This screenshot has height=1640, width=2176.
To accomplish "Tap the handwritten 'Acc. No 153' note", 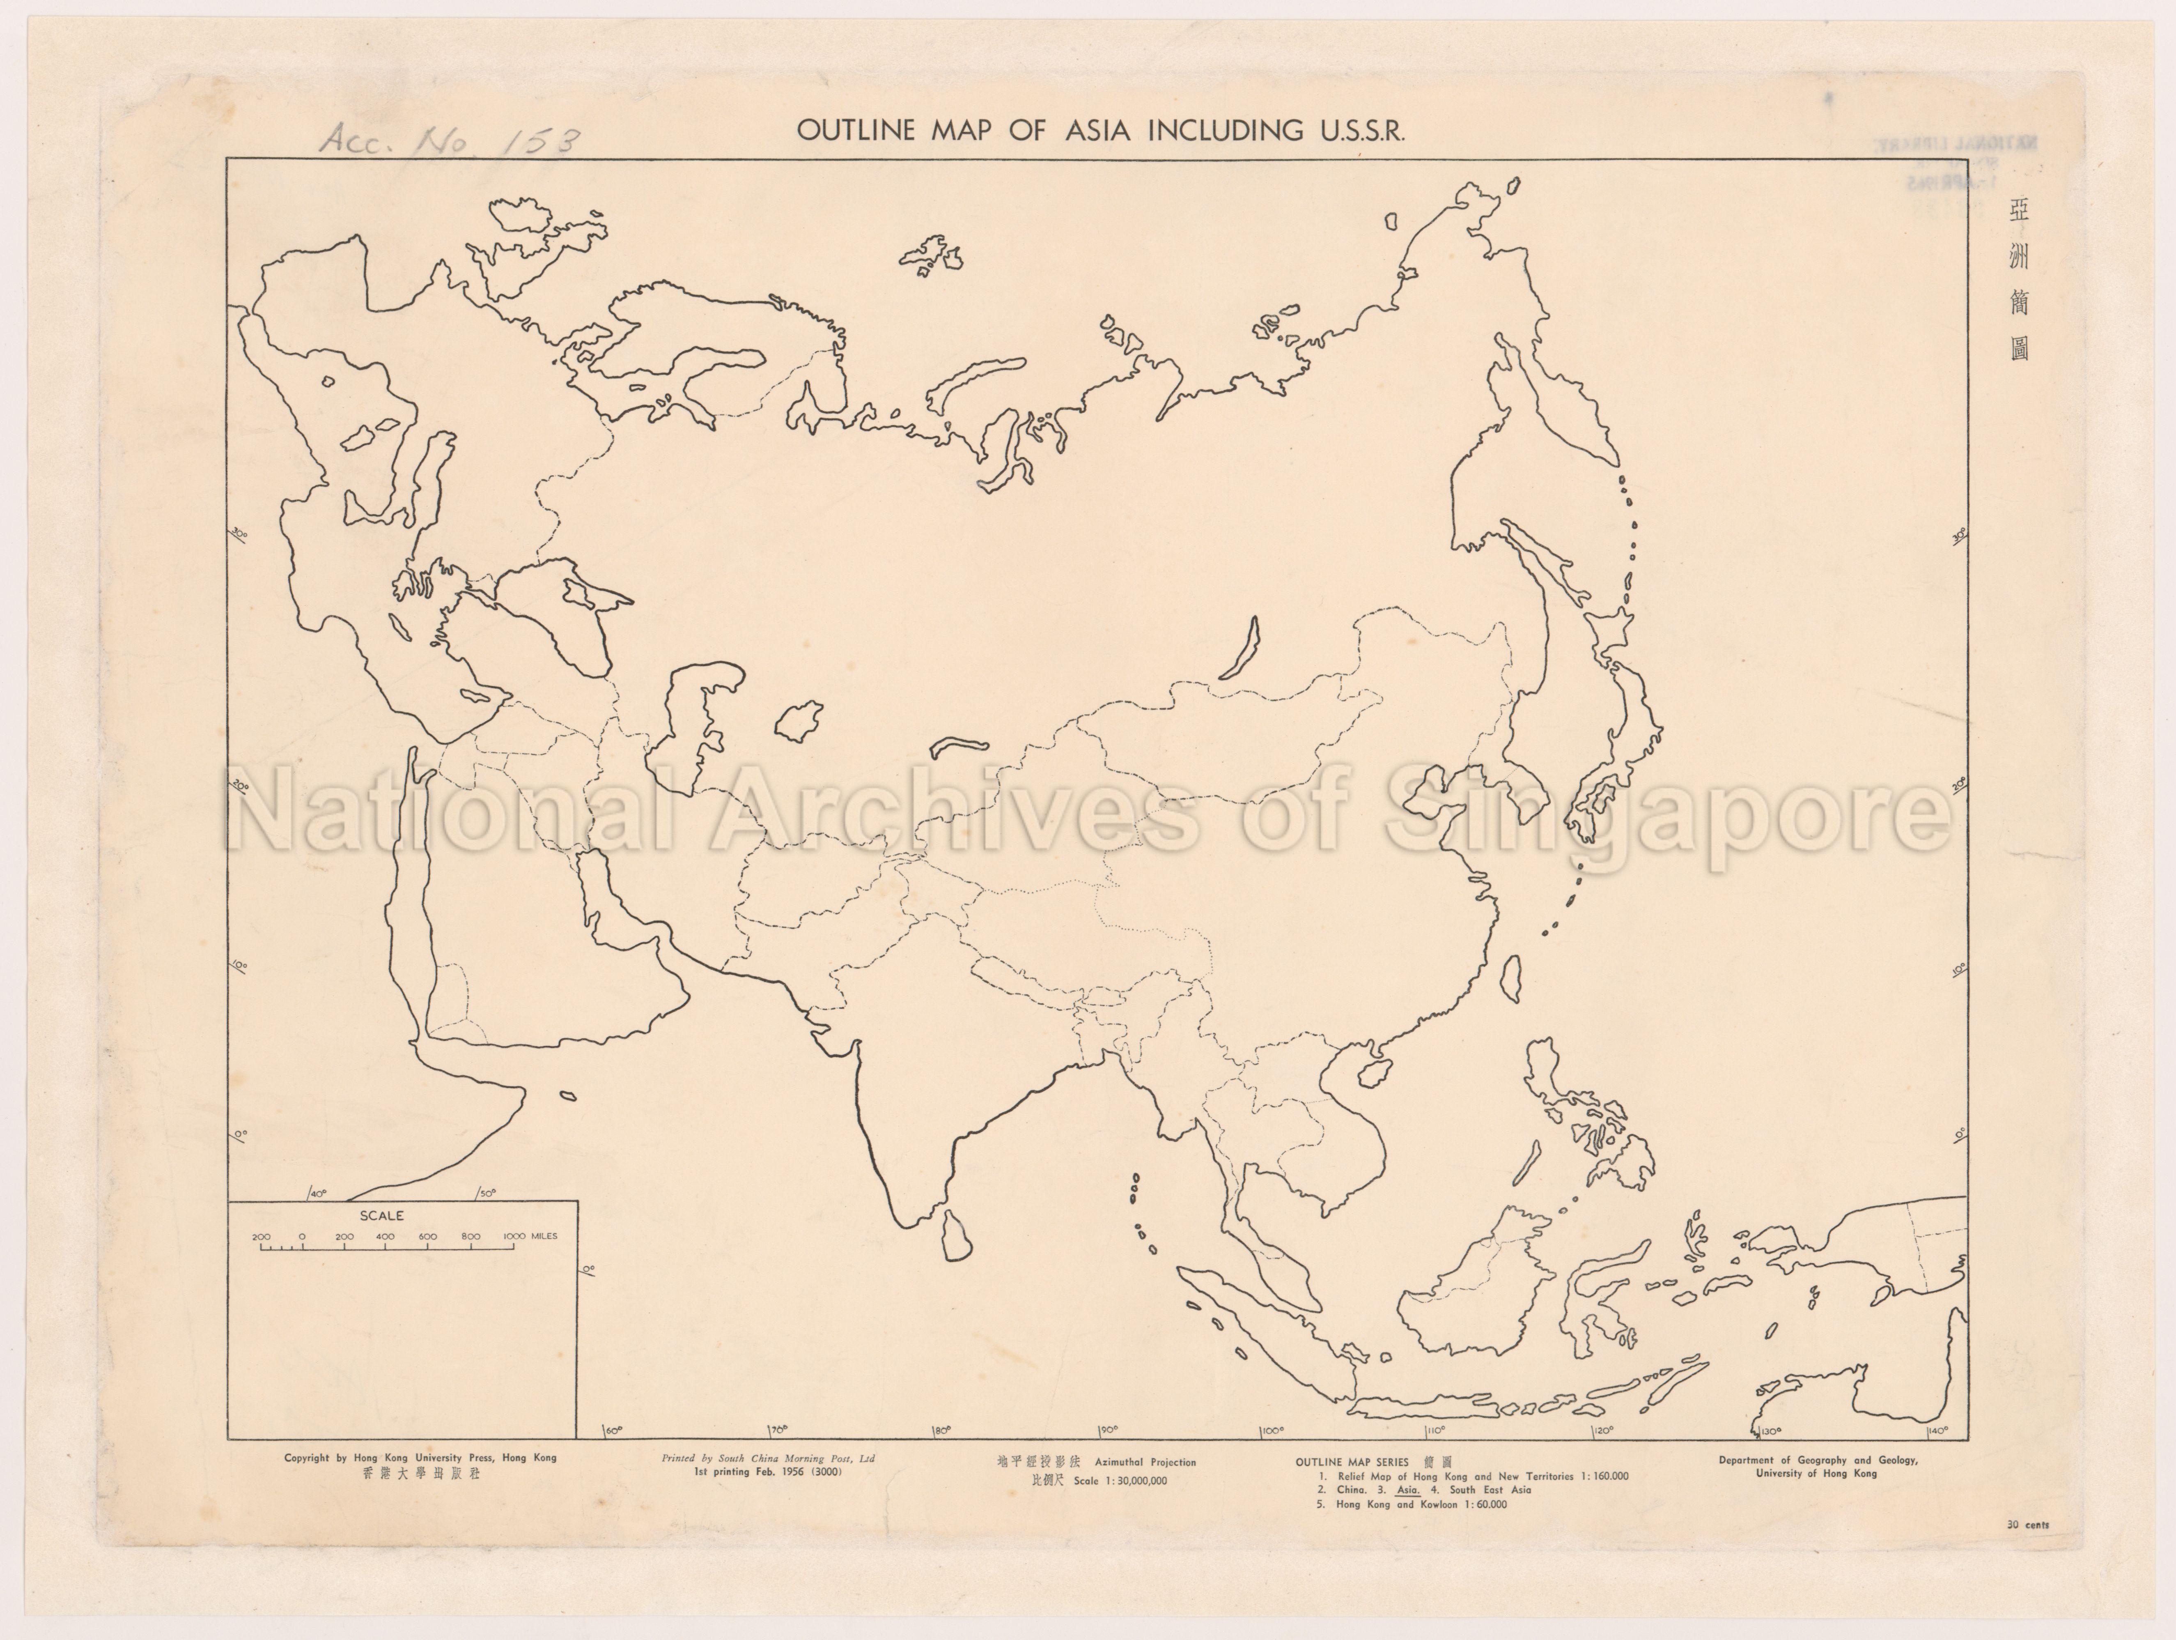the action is point(450,141).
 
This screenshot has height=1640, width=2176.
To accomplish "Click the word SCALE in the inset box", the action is point(382,1216).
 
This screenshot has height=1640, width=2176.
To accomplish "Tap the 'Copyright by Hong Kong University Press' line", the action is point(420,1458).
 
